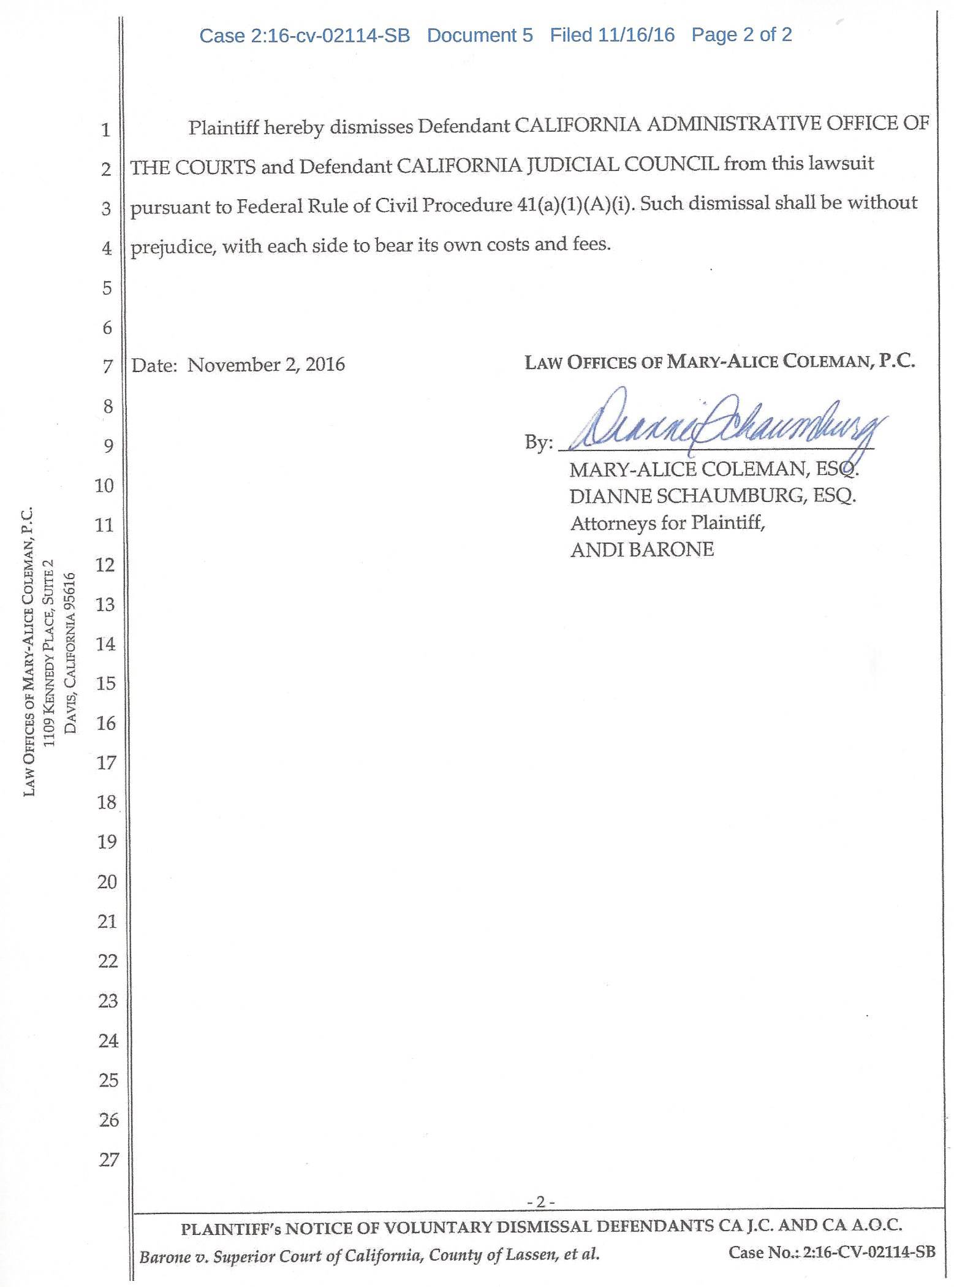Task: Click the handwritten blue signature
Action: point(723,423)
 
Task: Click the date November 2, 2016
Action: point(266,365)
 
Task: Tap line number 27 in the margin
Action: point(108,1160)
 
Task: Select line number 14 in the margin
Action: point(105,643)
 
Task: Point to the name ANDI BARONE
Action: point(642,550)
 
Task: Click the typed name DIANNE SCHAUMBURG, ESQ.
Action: point(712,496)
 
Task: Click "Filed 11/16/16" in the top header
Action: point(611,35)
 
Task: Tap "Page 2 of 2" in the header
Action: point(741,35)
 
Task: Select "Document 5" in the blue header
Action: point(480,36)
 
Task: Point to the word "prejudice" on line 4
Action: point(172,246)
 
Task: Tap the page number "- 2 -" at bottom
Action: point(540,1202)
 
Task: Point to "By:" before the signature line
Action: point(538,442)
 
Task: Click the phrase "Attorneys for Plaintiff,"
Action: point(667,523)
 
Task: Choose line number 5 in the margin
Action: point(107,287)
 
